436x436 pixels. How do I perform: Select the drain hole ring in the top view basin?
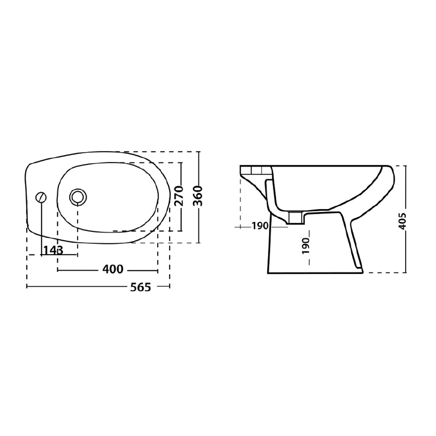(x=78, y=196)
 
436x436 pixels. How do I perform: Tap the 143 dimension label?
(x=53, y=250)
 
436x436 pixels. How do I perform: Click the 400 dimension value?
(x=113, y=269)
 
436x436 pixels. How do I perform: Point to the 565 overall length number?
(x=141, y=287)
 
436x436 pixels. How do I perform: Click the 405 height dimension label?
(x=402, y=221)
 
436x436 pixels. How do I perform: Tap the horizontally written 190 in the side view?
(x=260, y=226)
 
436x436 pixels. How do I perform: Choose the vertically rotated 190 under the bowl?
(x=306, y=246)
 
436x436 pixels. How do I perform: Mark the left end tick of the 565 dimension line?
(x=27, y=287)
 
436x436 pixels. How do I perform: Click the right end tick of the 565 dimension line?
(x=170, y=287)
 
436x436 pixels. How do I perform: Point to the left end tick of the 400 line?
(x=58, y=270)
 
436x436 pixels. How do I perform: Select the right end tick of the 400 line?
(x=158, y=270)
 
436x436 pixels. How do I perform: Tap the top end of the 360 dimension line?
(x=199, y=152)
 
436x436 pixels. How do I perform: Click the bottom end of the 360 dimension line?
(x=199, y=242)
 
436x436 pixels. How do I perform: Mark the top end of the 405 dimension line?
(x=406, y=166)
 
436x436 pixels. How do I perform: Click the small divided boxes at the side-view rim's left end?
(x=256, y=170)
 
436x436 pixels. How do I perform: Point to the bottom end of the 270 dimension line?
(x=181, y=231)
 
